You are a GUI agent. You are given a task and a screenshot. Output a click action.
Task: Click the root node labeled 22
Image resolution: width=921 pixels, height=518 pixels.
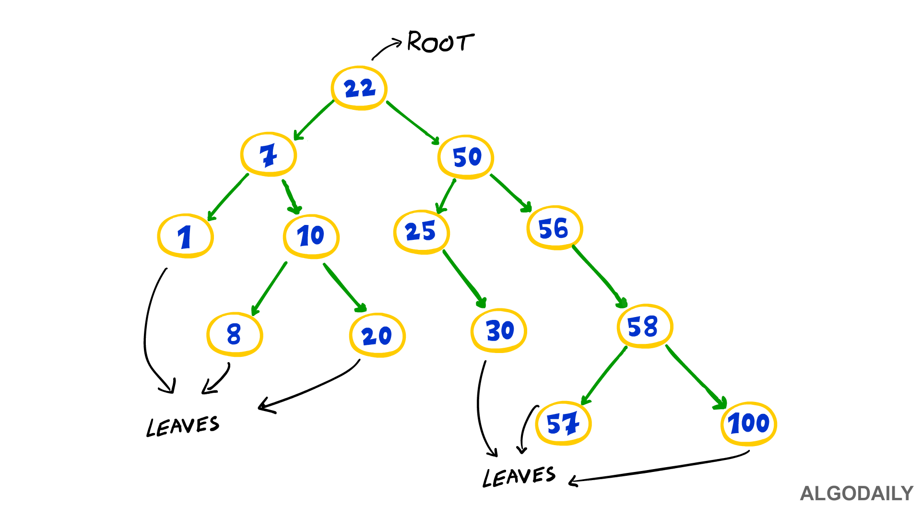(359, 88)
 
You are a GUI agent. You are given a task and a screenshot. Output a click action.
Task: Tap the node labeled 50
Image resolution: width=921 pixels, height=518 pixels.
(466, 157)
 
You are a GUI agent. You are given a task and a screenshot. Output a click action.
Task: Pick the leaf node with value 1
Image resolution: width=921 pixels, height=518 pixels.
(186, 236)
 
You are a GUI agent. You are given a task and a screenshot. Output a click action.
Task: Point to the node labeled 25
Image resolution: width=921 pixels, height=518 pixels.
(422, 232)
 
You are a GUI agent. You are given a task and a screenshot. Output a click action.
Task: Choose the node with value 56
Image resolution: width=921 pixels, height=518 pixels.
(555, 228)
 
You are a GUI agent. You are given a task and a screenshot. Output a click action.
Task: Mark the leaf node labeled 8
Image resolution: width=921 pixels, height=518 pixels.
(235, 334)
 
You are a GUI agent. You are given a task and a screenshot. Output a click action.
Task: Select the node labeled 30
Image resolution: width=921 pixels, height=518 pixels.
(499, 330)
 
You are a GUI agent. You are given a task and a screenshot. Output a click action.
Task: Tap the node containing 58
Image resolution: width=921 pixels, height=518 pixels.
(645, 326)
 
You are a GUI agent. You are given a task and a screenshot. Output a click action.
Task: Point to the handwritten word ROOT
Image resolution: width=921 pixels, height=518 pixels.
(441, 42)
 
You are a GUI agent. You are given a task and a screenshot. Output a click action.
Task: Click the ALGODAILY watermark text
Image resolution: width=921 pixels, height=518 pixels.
(857, 494)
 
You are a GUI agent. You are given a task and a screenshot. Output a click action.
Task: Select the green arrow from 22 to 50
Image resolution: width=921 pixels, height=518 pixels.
(413, 123)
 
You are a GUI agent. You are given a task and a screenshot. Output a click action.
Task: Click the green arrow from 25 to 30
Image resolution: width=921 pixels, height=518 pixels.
(464, 279)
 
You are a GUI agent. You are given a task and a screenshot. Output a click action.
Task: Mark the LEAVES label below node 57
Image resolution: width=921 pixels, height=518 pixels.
(519, 477)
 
